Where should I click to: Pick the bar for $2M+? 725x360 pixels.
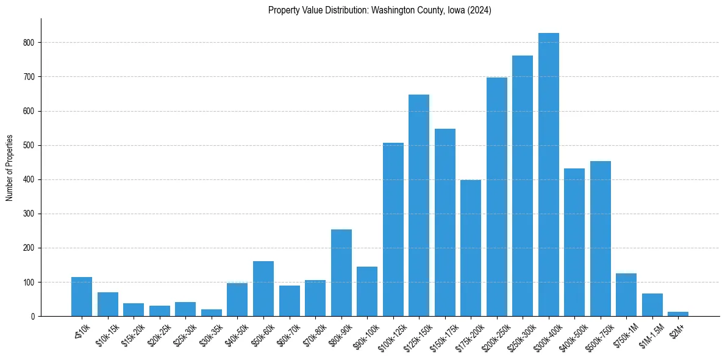[x=678, y=314]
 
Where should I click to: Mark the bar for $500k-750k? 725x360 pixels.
[x=600, y=239]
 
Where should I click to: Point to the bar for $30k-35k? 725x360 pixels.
[x=212, y=312]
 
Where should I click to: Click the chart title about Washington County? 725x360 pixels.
[x=380, y=10]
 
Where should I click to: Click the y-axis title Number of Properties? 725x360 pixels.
[x=10, y=167]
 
